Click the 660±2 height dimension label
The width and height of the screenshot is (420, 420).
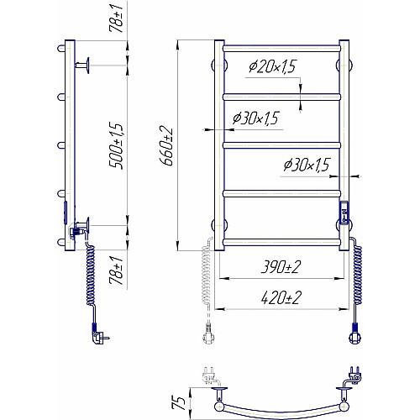(x=166, y=145)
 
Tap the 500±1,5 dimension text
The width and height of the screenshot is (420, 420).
(x=116, y=145)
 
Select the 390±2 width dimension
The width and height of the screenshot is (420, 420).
(x=281, y=267)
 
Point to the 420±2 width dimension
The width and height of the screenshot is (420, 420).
(x=281, y=297)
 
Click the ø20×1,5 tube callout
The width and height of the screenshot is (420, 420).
(x=272, y=66)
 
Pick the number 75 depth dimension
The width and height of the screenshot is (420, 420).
(x=179, y=403)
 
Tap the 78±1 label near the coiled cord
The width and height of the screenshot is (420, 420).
(x=116, y=270)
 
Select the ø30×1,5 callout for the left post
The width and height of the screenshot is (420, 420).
(x=255, y=118)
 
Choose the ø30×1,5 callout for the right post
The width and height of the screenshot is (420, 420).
(x=307, y=165)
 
